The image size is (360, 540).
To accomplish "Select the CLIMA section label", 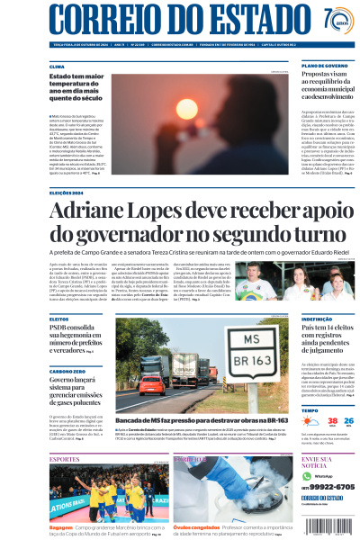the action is (57, 67).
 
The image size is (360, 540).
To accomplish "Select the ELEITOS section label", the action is (58, 318).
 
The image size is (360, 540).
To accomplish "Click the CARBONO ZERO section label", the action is (67, 371).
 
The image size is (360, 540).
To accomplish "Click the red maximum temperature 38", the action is (308, 421).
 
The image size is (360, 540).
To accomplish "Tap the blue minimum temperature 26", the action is (337, 421).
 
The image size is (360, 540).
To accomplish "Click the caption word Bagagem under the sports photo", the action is (61, 526).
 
